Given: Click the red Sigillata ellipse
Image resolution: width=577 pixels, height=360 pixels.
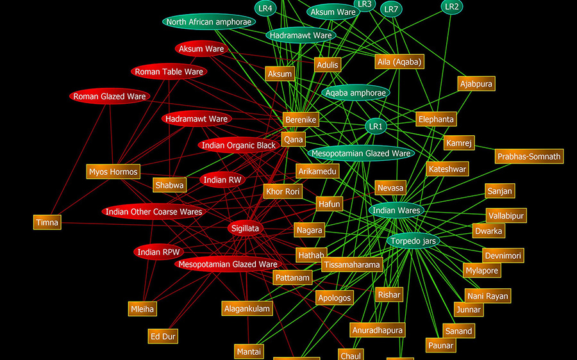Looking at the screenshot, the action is (x=246, y=228).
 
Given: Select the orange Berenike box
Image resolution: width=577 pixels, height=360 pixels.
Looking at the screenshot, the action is (x=301, y=120).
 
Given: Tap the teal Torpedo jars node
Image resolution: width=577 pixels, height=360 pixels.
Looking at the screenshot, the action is (x=414, y=241).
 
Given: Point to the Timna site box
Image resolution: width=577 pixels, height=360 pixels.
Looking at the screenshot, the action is (x=47, y=222).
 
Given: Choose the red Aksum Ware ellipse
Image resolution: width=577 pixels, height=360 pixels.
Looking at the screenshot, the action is (x=201, y=49).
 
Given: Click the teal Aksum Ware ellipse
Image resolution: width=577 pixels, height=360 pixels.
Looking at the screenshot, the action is (x=333, y=12).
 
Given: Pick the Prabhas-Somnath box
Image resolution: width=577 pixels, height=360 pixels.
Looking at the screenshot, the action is (x=529, y=156).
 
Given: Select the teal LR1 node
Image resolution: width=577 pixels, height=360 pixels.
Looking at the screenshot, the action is (x=376, y=126).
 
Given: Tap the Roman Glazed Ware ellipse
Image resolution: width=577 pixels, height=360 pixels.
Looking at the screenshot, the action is (x=110, y=96).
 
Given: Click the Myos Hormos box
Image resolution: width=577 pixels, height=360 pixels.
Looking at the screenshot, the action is (x=113, y=172).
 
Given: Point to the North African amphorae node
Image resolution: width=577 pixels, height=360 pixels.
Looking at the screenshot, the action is (x=208, y=22).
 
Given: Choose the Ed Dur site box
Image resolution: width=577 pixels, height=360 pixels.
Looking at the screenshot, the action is (x=163, y=336).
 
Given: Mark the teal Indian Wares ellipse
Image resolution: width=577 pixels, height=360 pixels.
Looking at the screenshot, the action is (x=396, y=210).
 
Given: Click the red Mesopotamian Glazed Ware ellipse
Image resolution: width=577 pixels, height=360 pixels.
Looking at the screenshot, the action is (x=228, y=264).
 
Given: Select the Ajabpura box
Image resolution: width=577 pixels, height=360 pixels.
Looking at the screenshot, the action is (x=476, y=83).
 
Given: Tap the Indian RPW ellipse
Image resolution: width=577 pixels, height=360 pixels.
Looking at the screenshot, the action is (x=158, y=252).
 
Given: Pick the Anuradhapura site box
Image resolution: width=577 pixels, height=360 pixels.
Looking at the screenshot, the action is (x=378, y=330).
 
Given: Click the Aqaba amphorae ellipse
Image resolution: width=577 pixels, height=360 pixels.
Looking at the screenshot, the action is (x=355, y=93).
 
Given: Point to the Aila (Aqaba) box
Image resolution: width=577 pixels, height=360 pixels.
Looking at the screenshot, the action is (x=399, y=61).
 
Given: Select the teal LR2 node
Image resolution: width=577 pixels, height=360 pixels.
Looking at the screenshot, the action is (x=452, y=6).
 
